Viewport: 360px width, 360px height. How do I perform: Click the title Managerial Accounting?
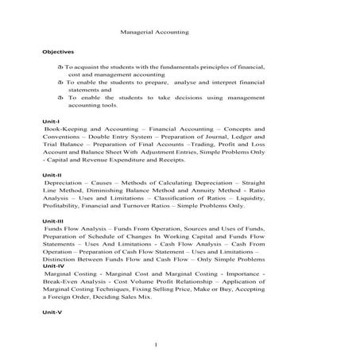pos(153,33)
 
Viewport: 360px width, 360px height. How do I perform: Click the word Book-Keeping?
pos(64,128)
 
